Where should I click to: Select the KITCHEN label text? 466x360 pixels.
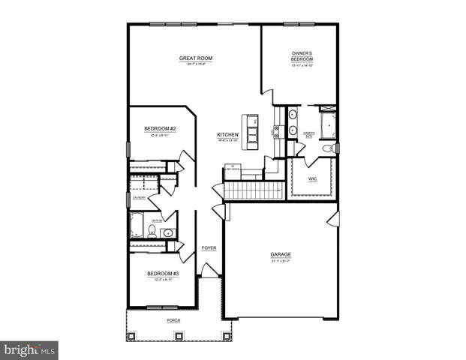(x=227, y=135)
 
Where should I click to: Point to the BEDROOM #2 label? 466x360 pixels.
(x=159, y=129)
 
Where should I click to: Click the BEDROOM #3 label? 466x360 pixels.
(x=162, y=273)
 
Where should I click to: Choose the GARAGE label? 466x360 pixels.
(x=281, y=254)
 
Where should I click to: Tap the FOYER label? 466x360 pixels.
(x=209, y=247)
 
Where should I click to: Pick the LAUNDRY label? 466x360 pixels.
(x=140, y=198)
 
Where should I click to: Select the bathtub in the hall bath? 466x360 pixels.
(x=139, y=225)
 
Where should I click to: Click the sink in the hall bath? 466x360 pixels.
(x=169, y=233)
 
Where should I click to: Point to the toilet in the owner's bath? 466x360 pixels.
(x=327, y=149)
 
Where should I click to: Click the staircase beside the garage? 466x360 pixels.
(x=255, y=190)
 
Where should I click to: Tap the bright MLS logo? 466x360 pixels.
(x=29, y=349)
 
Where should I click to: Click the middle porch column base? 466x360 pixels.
(x=179, y=334)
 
